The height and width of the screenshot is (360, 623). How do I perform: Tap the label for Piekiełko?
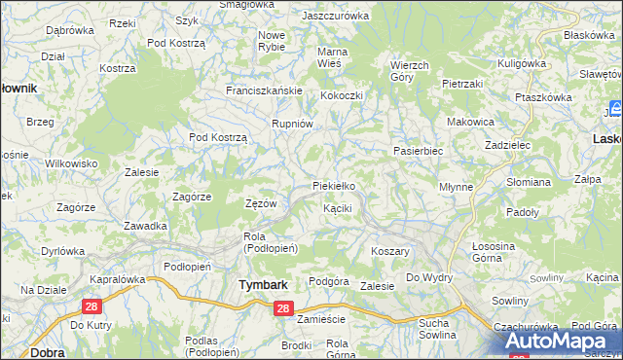[339, 186]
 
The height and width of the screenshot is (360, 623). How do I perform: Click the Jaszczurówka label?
[336, 17]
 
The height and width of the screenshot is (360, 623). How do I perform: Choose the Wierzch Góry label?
[409, 71]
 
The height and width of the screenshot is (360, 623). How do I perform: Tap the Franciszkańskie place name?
[265, 90]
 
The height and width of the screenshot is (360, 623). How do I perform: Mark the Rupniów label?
[292, 124]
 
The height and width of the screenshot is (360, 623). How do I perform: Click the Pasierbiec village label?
[419, 152]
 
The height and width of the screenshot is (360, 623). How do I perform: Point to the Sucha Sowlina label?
[437, 329]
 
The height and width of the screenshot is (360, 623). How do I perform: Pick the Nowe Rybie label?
[272, 42]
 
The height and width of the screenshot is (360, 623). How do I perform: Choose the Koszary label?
[389, 251]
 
